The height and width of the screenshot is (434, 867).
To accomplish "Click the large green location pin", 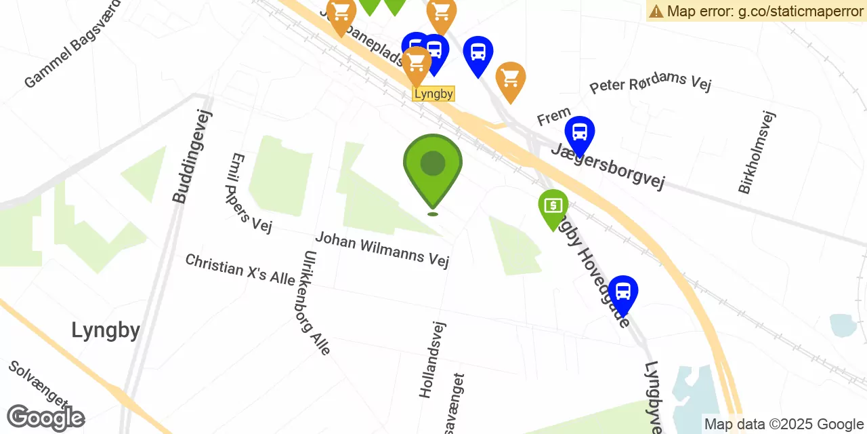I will [433, 167].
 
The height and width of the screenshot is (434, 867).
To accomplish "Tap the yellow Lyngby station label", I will [433, 94].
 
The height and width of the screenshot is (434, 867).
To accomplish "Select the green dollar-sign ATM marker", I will [553, 205].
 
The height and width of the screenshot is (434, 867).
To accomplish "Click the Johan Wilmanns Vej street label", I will [382, 249].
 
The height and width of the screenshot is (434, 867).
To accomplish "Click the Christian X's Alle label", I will [240, 269].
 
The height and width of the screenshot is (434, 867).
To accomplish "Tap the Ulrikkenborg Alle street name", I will [317, 302].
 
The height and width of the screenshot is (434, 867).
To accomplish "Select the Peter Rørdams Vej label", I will [650, 83].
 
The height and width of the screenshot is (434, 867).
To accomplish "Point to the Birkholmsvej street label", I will [757, 153].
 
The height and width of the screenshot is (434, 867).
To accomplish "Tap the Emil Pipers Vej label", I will [251, 193].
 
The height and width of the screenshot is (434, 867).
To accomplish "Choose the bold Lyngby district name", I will [106, 330].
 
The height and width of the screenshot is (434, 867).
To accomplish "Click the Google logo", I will [45, 418].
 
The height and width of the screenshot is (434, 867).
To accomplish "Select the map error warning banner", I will [756, 11].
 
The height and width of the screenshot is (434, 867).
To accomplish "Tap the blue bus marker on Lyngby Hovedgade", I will [622, 292].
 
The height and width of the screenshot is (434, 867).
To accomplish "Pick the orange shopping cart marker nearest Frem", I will [511, 79].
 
